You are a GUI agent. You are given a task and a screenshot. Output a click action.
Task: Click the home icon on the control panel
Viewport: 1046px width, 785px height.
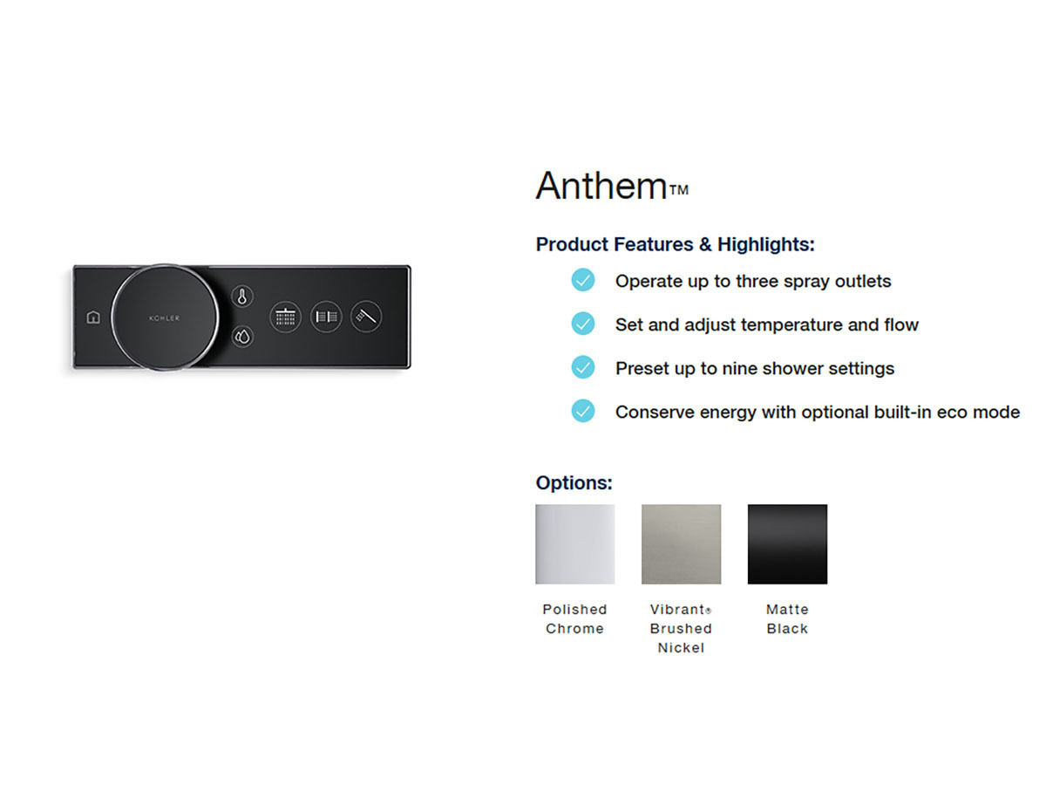point(93,317)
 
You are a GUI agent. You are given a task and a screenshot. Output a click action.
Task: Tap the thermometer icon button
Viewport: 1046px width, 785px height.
point(242,297)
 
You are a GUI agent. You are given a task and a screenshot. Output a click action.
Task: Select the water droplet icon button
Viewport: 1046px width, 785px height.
point(242,337)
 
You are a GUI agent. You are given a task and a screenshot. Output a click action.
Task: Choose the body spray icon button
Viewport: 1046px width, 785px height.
point(326,317)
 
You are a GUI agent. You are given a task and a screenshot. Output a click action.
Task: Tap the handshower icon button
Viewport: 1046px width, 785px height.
point(366,317)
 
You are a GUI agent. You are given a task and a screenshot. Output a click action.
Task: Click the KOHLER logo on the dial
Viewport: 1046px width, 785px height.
point(165,317)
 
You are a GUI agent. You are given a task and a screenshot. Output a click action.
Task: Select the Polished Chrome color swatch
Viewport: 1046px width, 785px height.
point(574,544)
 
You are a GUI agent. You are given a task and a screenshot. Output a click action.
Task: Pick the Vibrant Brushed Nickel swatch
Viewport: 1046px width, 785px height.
point(681,544)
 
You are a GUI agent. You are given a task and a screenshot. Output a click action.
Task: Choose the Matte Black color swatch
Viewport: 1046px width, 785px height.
point(787,544)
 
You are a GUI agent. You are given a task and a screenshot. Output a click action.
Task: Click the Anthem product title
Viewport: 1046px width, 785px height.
point(612,186)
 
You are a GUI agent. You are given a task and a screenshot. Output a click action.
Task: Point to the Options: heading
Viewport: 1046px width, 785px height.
point(574,483)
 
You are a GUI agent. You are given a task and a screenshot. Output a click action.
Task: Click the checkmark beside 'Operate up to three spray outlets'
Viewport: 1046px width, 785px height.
point(583,280)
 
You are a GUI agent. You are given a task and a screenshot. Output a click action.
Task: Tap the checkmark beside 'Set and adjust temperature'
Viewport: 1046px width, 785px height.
point(583,324)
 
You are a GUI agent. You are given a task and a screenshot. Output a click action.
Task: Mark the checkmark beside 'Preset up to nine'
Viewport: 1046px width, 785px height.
point(583,367)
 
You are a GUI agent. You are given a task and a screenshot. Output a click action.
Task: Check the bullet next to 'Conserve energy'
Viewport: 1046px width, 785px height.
point(583,411)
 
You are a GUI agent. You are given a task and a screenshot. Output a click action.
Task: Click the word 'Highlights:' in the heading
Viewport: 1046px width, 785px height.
point(766,244)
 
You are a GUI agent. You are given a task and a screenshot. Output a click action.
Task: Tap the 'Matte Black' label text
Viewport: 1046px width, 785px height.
point(787,619)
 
